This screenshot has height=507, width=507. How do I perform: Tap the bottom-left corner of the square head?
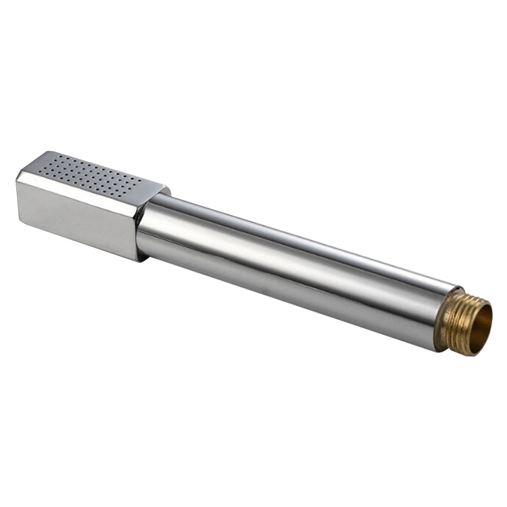[18, 214]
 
